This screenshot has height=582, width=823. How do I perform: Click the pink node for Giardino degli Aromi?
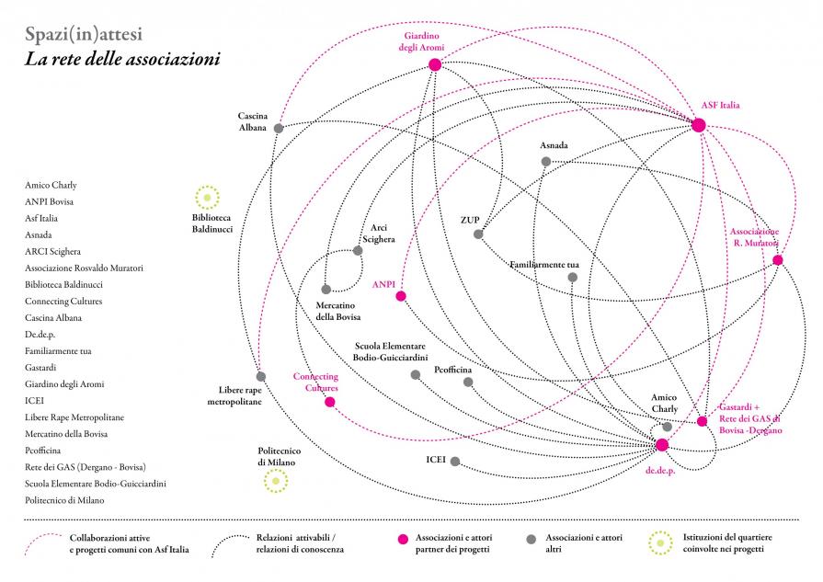[x=435, y=64]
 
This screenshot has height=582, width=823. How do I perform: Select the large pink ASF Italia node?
[x=698, y=125]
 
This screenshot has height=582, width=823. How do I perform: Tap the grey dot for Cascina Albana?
[x=279, y=128]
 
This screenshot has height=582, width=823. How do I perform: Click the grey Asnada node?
[x=545, y=162]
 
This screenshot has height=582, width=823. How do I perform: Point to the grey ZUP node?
[x=478, y=234]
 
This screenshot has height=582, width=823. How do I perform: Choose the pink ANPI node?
[x=401, y=296]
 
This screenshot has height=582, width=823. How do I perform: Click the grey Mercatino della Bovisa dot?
[x=326, y=290]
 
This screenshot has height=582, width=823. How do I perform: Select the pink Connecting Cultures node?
[x=330, y=402]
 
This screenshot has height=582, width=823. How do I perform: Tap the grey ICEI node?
[x=455, y=461]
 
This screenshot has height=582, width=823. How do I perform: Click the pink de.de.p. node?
[x=661, y=445]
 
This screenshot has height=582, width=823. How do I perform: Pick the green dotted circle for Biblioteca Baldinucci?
[x=207, y=197]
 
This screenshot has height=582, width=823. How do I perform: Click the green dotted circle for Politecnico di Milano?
[x=274, y=481]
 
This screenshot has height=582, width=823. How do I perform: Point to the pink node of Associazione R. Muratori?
[x=778, y=260]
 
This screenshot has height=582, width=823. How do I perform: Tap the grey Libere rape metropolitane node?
[x=261, y=376]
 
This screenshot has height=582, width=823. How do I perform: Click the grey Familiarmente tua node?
[x=573, y=278]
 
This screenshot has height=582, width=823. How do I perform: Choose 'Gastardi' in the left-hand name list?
[x=41, y=368]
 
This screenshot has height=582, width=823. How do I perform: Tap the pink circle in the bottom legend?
[x=402, y=538]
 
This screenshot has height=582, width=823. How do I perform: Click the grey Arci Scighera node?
[x=358, y=250]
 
